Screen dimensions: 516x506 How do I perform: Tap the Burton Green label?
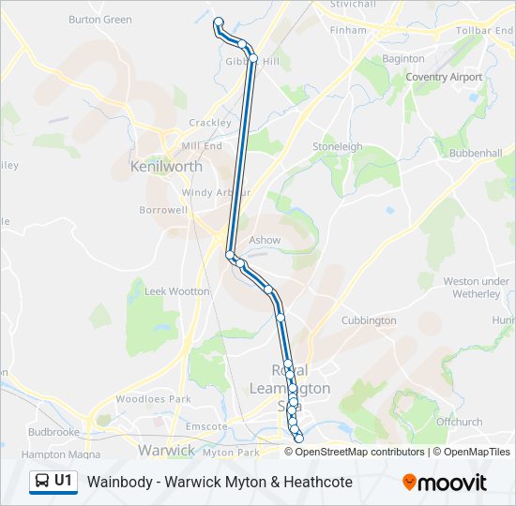(x=100, y=19)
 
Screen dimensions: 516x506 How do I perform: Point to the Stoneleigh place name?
(x=338, y=147)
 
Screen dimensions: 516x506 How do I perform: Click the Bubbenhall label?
(x=476, y=152)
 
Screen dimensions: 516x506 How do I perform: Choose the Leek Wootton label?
(x=177, y=291)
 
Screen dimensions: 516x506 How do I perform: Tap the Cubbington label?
(x=369, y=320)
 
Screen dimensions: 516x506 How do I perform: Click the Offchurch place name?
(x=459, y=422)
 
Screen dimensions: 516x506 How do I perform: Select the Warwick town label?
(x=166, y=451)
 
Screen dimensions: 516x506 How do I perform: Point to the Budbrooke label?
(x=53, y=433)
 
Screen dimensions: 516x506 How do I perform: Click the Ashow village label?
(x=265, y=240)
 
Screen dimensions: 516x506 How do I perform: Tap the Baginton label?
(x=403, y=59)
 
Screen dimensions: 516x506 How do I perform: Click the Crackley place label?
(x=209, y=123)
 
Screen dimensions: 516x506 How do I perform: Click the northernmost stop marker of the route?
(x=219, y=22)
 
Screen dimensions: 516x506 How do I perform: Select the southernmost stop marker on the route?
(x=299, y=439)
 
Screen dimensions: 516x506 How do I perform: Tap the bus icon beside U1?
(x=43, y=482)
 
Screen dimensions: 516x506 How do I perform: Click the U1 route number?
(x=64, y=482)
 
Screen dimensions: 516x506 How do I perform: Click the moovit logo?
(x=445, y=483)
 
